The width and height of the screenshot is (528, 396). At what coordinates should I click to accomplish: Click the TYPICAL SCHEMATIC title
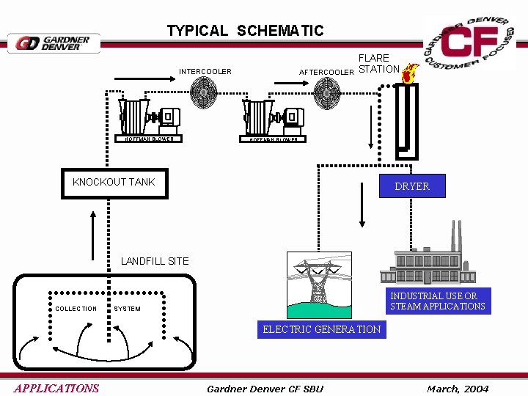click(x=244, y=31)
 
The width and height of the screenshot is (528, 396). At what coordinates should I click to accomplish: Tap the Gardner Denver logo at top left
click(x=54, y=43)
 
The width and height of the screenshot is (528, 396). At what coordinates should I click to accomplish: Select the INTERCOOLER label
click(x=205, y=72)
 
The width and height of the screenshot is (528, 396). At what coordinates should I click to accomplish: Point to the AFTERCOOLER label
click(x=326, y=72)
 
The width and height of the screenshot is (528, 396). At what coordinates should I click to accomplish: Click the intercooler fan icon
click(x=203, y=93)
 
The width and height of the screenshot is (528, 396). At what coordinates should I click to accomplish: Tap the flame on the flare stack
click(x=409, y=73)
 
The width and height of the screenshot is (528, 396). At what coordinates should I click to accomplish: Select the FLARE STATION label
click(x=378, y=64)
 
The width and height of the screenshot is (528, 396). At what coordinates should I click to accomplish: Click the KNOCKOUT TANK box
click(x=114, y=183)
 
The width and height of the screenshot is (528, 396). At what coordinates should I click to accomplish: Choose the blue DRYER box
click(x=411, y=186)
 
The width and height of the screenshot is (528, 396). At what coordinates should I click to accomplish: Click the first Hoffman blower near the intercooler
click(x=149, y=117)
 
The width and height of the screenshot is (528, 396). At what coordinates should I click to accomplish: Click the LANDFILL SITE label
click(x=155, y=261)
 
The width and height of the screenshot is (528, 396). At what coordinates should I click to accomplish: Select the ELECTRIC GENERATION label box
click(x=321, y=329)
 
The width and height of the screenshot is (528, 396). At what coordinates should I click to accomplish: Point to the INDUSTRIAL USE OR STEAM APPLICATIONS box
click(x=437, y=301)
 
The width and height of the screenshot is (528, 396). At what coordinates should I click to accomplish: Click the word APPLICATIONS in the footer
click(x=56, y=388)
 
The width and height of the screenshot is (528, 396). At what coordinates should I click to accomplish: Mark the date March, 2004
click(x=458, y=388)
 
